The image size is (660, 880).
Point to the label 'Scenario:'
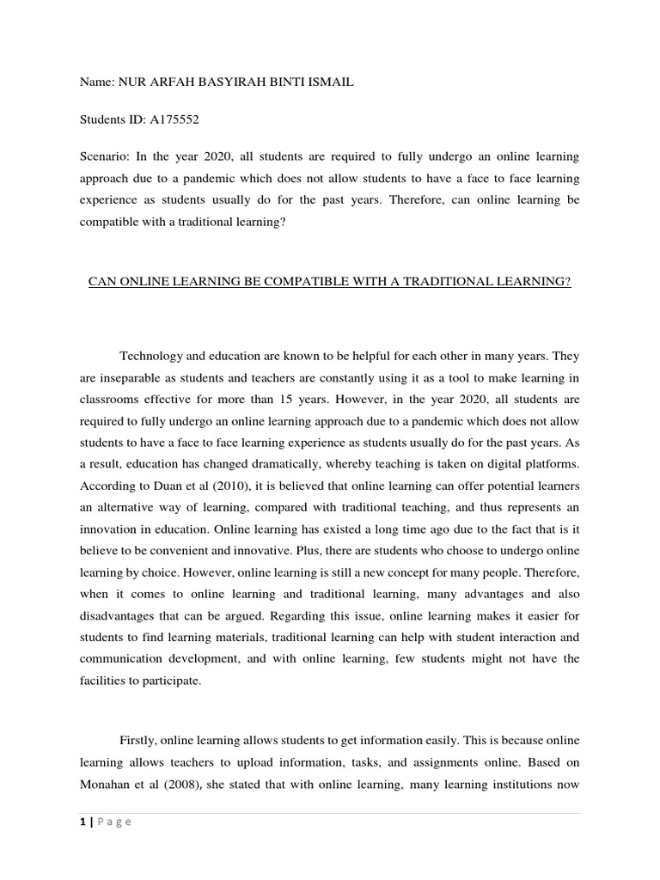coord(107,157)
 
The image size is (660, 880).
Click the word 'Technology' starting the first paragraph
coord(153,355)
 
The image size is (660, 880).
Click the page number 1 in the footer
coord(80,822)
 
